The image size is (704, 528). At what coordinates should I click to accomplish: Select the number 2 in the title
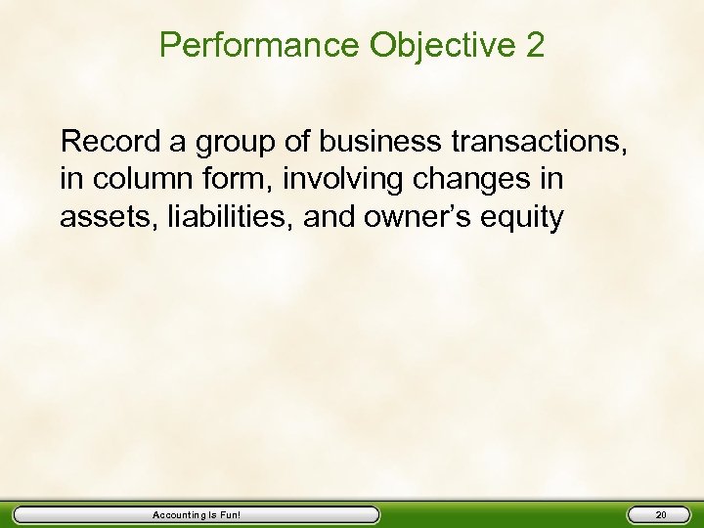point(535,45)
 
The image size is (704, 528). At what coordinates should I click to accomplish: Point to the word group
point(229,144)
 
